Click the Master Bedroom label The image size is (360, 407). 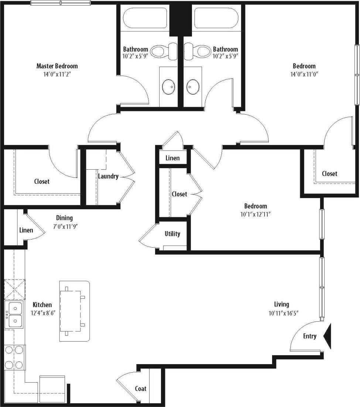[57, 66]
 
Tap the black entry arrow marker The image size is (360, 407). [328, 336]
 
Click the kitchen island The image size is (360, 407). [75, 311]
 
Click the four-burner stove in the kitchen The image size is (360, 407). [14, 357]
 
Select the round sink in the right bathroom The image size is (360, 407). [193, 87]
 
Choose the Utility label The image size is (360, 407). [172, 234]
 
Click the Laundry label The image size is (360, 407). [108, 176]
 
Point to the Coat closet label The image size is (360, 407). [140, 389]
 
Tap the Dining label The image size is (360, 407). [64, 218]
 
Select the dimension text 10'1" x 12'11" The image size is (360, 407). [255, 214]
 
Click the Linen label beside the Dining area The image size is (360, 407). [26, 230]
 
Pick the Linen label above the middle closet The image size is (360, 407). [172, 158]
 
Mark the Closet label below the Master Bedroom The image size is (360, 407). [42, 182]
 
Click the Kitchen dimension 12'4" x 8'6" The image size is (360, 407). [42, 312]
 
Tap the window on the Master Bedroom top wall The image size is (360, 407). [60, 3]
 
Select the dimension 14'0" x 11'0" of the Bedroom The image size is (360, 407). [304, 74]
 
